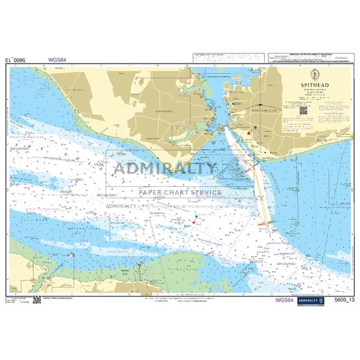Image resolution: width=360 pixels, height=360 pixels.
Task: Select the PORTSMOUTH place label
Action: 264,112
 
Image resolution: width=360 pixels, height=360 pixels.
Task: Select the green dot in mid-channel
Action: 196,215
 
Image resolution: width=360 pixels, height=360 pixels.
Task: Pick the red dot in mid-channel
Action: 193,223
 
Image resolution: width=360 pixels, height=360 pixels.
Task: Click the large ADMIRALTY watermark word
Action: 165,169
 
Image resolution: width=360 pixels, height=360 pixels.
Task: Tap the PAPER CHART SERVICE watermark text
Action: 176,192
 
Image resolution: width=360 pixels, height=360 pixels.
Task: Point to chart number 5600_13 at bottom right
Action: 342,300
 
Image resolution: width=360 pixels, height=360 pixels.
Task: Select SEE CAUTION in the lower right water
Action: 285,265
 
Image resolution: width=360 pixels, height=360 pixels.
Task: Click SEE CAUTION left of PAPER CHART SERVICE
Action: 106,195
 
